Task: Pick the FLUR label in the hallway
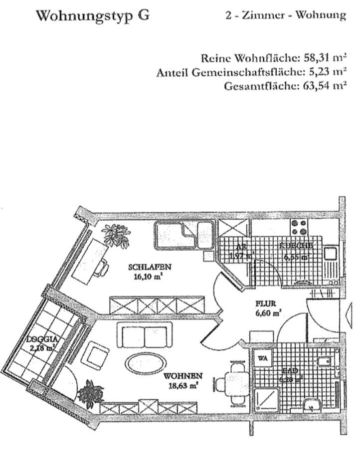[265, 303]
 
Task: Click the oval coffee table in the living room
[143, 362]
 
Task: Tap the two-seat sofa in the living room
[144, 334]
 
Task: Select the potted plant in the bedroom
[116, 235]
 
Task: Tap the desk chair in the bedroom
[103, 268]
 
